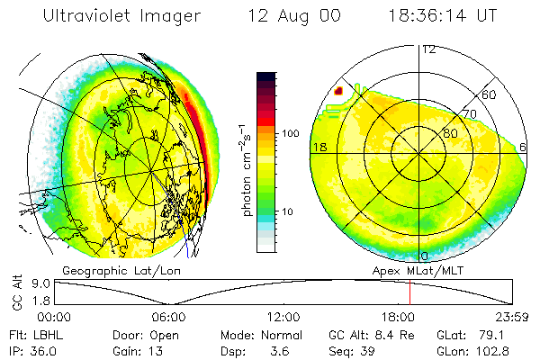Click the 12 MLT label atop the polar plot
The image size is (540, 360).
[428, 49]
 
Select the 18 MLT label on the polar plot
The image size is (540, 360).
[318, 147]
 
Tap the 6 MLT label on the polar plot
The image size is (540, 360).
[524, 147]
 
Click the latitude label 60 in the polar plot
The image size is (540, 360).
[490, 94]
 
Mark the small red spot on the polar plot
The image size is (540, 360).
[339, 90]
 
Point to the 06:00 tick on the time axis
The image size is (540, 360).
[168, 317]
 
